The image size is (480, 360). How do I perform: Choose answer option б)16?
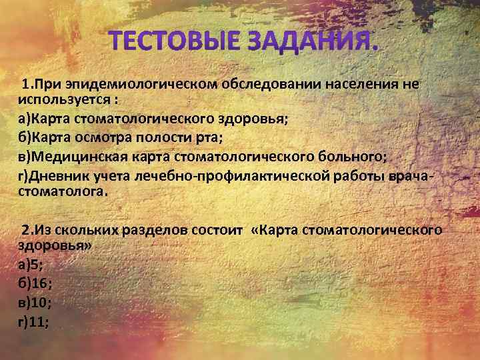click(34, 283)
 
